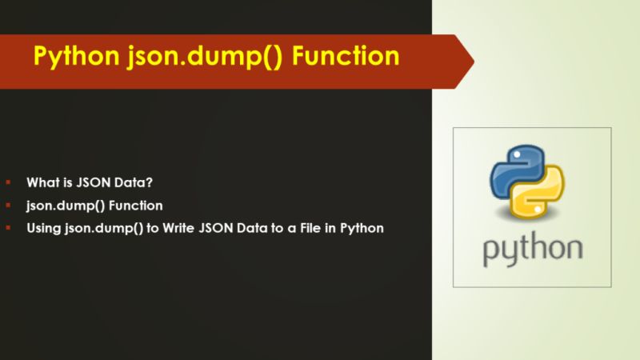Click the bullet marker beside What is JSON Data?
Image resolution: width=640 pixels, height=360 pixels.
[x=9, y=181]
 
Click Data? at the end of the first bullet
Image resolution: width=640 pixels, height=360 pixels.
[x=130, y=181]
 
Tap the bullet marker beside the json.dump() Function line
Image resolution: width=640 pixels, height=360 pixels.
[x=9, y=204]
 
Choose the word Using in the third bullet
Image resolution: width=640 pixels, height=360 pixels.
[x=43, y=228]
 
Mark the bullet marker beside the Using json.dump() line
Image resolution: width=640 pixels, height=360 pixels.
[x=9, y=228]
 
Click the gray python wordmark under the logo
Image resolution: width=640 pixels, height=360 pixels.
[x=532, y=249]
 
